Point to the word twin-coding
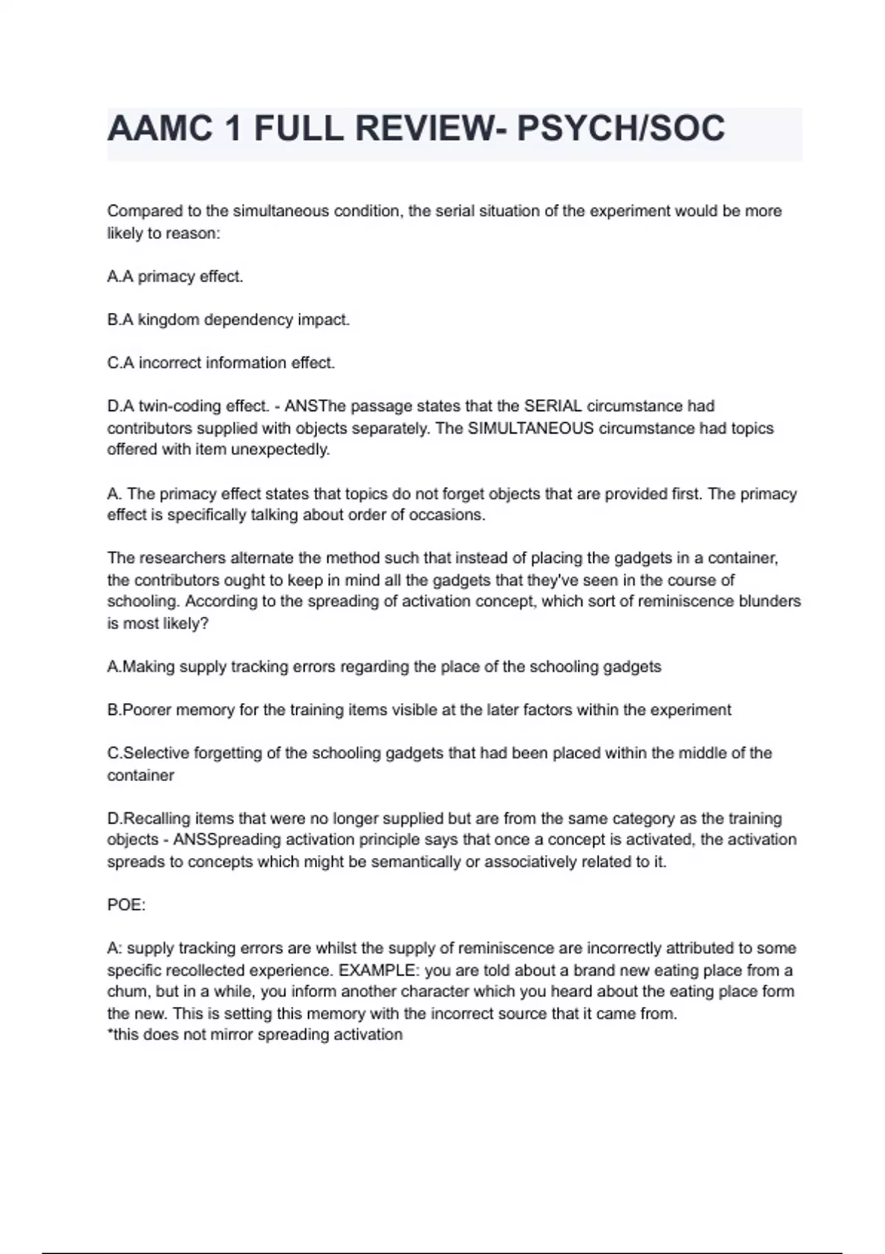180,406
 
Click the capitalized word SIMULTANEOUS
530,428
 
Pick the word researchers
181,558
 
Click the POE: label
126,905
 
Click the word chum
128,991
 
